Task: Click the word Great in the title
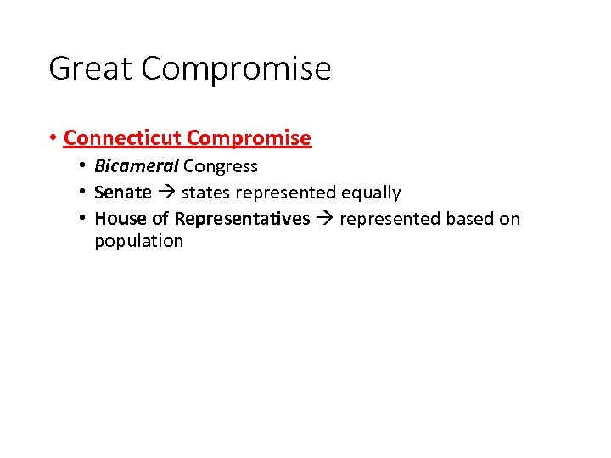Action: click(x=91, y=69)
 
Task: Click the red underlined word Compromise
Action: click(x=249, y=138)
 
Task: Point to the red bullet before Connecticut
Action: click(x=53, y=137)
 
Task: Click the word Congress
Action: click(x=220, y=167)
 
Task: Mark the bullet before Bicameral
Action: click(x=83, y=166)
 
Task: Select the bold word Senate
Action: click(x=123, y=193)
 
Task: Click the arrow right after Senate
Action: click(x=166, y=193)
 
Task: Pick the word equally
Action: click(x=371, y=193)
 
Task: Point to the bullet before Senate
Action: click(x=83, y=193)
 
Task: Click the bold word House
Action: click(x=120, y=219)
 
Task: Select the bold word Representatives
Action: click(x=242, y=219)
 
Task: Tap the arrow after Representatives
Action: click(x=325, y=219)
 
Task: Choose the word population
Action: click(x=138, y=242)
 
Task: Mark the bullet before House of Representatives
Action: click(x=83, y=219)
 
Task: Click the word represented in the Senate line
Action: click(x=282, y=193)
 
